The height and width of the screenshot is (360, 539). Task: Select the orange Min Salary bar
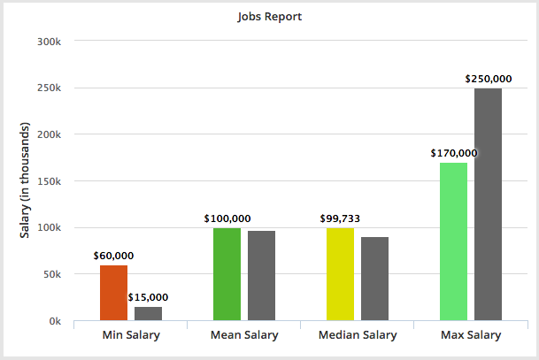point(113,293)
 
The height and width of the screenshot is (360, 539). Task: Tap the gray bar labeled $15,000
point(148,313)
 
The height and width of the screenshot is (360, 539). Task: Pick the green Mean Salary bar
point(227,274)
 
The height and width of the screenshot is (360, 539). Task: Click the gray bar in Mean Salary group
point(261,275)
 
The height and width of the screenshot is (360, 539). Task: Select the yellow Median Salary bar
point(340,274)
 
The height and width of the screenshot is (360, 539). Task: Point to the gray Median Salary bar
point(374,279)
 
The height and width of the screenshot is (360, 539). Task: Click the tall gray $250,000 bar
point(488,204)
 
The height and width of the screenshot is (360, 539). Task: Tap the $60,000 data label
point(113,256)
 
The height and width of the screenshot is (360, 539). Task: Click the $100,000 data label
point(227,218)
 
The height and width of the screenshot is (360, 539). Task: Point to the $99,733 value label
point(340,218)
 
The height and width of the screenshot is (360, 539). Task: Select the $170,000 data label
point(454,152)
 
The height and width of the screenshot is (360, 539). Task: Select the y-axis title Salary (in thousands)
point(26,180)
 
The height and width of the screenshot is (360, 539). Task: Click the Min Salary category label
point(131,335)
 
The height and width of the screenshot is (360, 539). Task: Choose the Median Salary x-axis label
point(358,335)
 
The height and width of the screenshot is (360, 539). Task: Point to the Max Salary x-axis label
point(471,335)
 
